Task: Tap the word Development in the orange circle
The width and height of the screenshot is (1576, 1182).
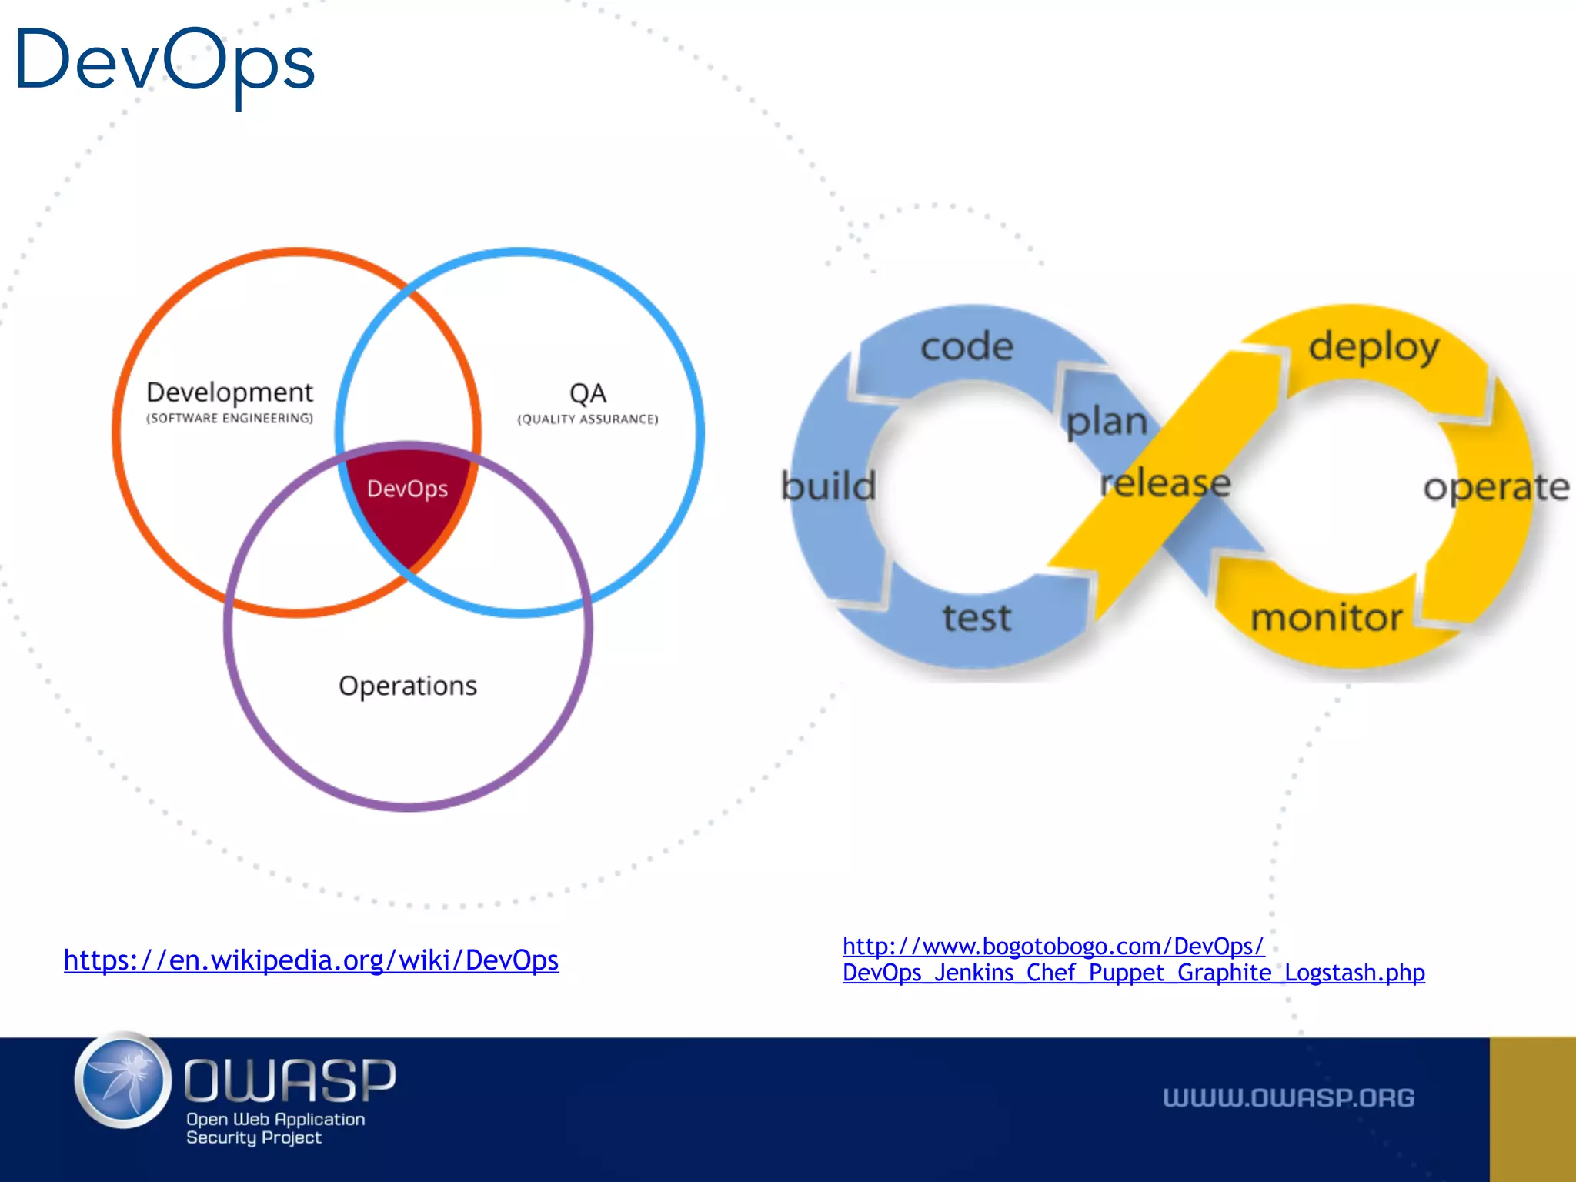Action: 229,392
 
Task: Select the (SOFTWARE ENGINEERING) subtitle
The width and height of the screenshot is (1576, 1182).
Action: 229,419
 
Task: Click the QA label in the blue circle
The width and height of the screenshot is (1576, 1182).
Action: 588,393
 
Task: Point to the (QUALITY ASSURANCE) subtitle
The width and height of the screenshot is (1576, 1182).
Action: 588,419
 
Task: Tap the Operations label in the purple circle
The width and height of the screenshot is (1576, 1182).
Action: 408,686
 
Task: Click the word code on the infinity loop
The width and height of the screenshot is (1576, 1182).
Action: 967,346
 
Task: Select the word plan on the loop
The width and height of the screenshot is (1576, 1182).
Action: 1107,422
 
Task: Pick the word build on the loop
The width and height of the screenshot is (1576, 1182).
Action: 829,486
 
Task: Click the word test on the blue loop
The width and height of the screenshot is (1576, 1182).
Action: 977,618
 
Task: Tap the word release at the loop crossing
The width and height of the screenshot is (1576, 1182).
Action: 1165,483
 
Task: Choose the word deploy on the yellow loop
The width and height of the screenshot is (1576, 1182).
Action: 1374,347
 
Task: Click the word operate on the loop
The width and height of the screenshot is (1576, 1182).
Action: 1496,487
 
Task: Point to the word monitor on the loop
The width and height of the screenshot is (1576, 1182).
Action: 1327,618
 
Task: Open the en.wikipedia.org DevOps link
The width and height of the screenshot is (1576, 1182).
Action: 311,960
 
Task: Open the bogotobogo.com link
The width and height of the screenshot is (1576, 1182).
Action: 1133,960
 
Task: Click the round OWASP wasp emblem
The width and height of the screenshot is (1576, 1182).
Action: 123,1080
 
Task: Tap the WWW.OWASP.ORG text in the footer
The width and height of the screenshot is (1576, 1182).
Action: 1288,1097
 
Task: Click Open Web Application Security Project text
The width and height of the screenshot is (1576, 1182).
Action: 275,1128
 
